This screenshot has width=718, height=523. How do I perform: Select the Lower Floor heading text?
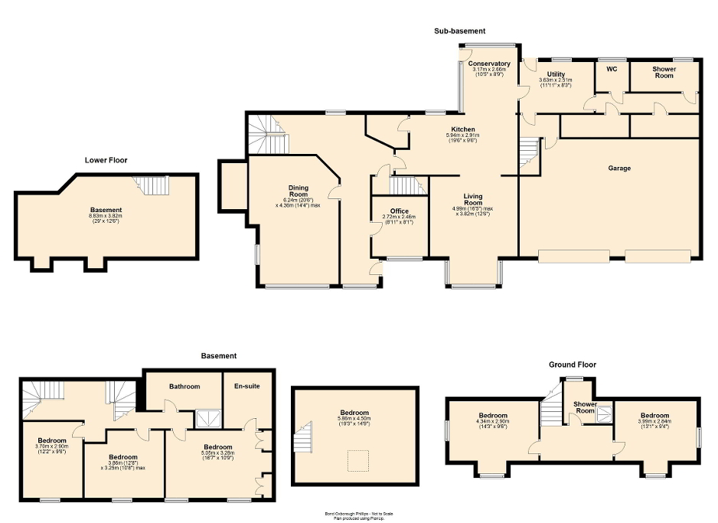point(106,160)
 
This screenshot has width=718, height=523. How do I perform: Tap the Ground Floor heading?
point(572,364)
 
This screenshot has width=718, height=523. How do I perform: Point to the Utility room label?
point(556,74)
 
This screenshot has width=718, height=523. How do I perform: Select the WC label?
point(612,69)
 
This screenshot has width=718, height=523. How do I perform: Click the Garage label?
point(619,168)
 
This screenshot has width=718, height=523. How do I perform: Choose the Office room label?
point(399,211)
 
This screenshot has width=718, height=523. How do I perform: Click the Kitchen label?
point(462,129)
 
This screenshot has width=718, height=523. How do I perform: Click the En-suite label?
point(246,386)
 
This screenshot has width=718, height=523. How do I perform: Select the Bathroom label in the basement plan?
point(184,386)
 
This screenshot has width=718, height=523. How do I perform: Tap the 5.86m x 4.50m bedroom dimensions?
point(354,419)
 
